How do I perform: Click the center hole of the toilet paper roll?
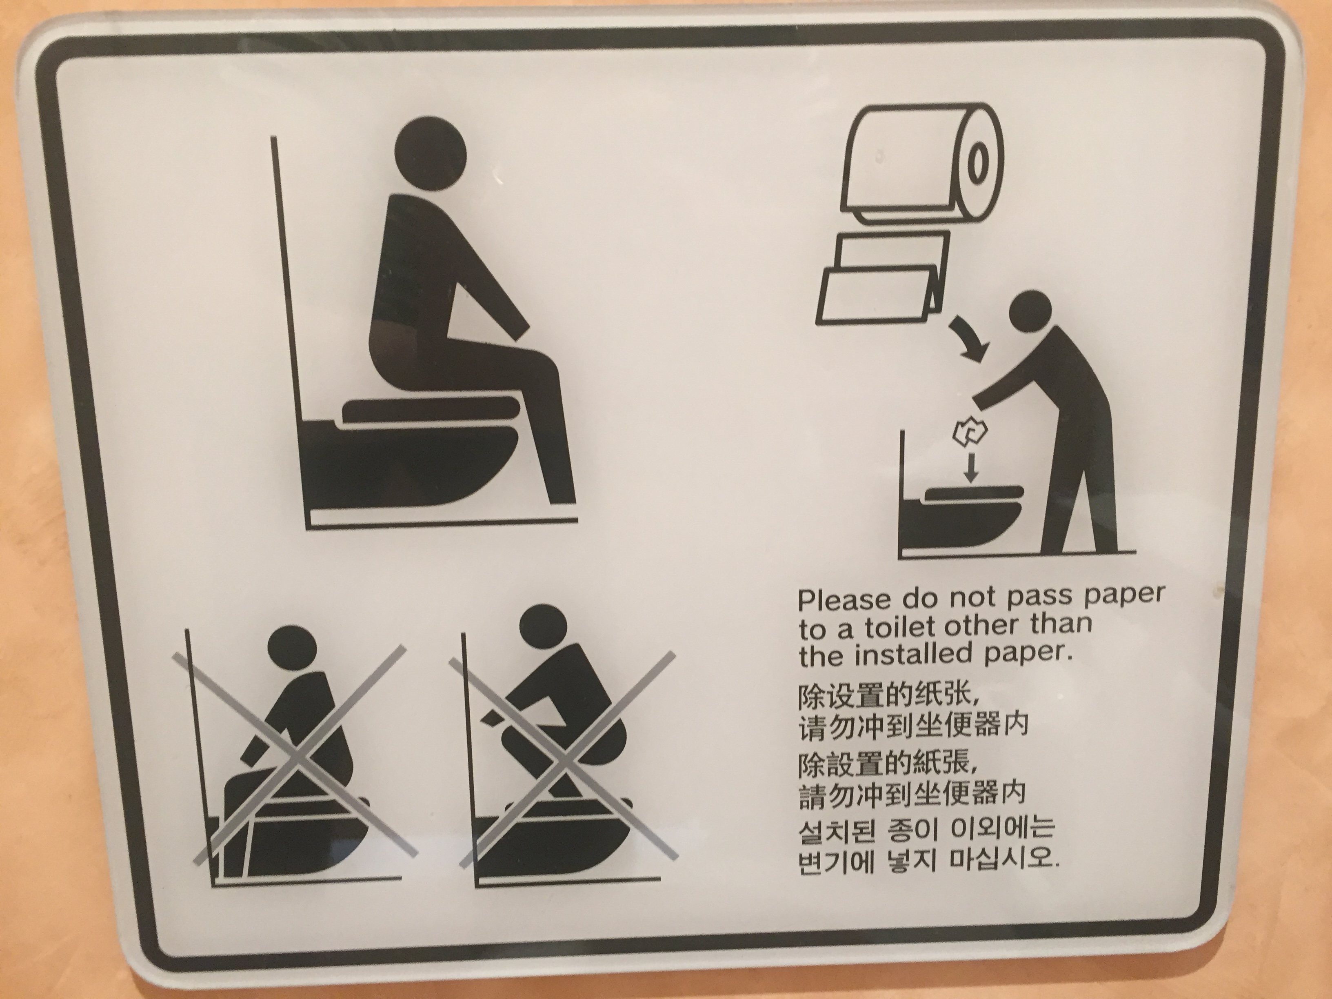pyautogui.click(x=979, y=164)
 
